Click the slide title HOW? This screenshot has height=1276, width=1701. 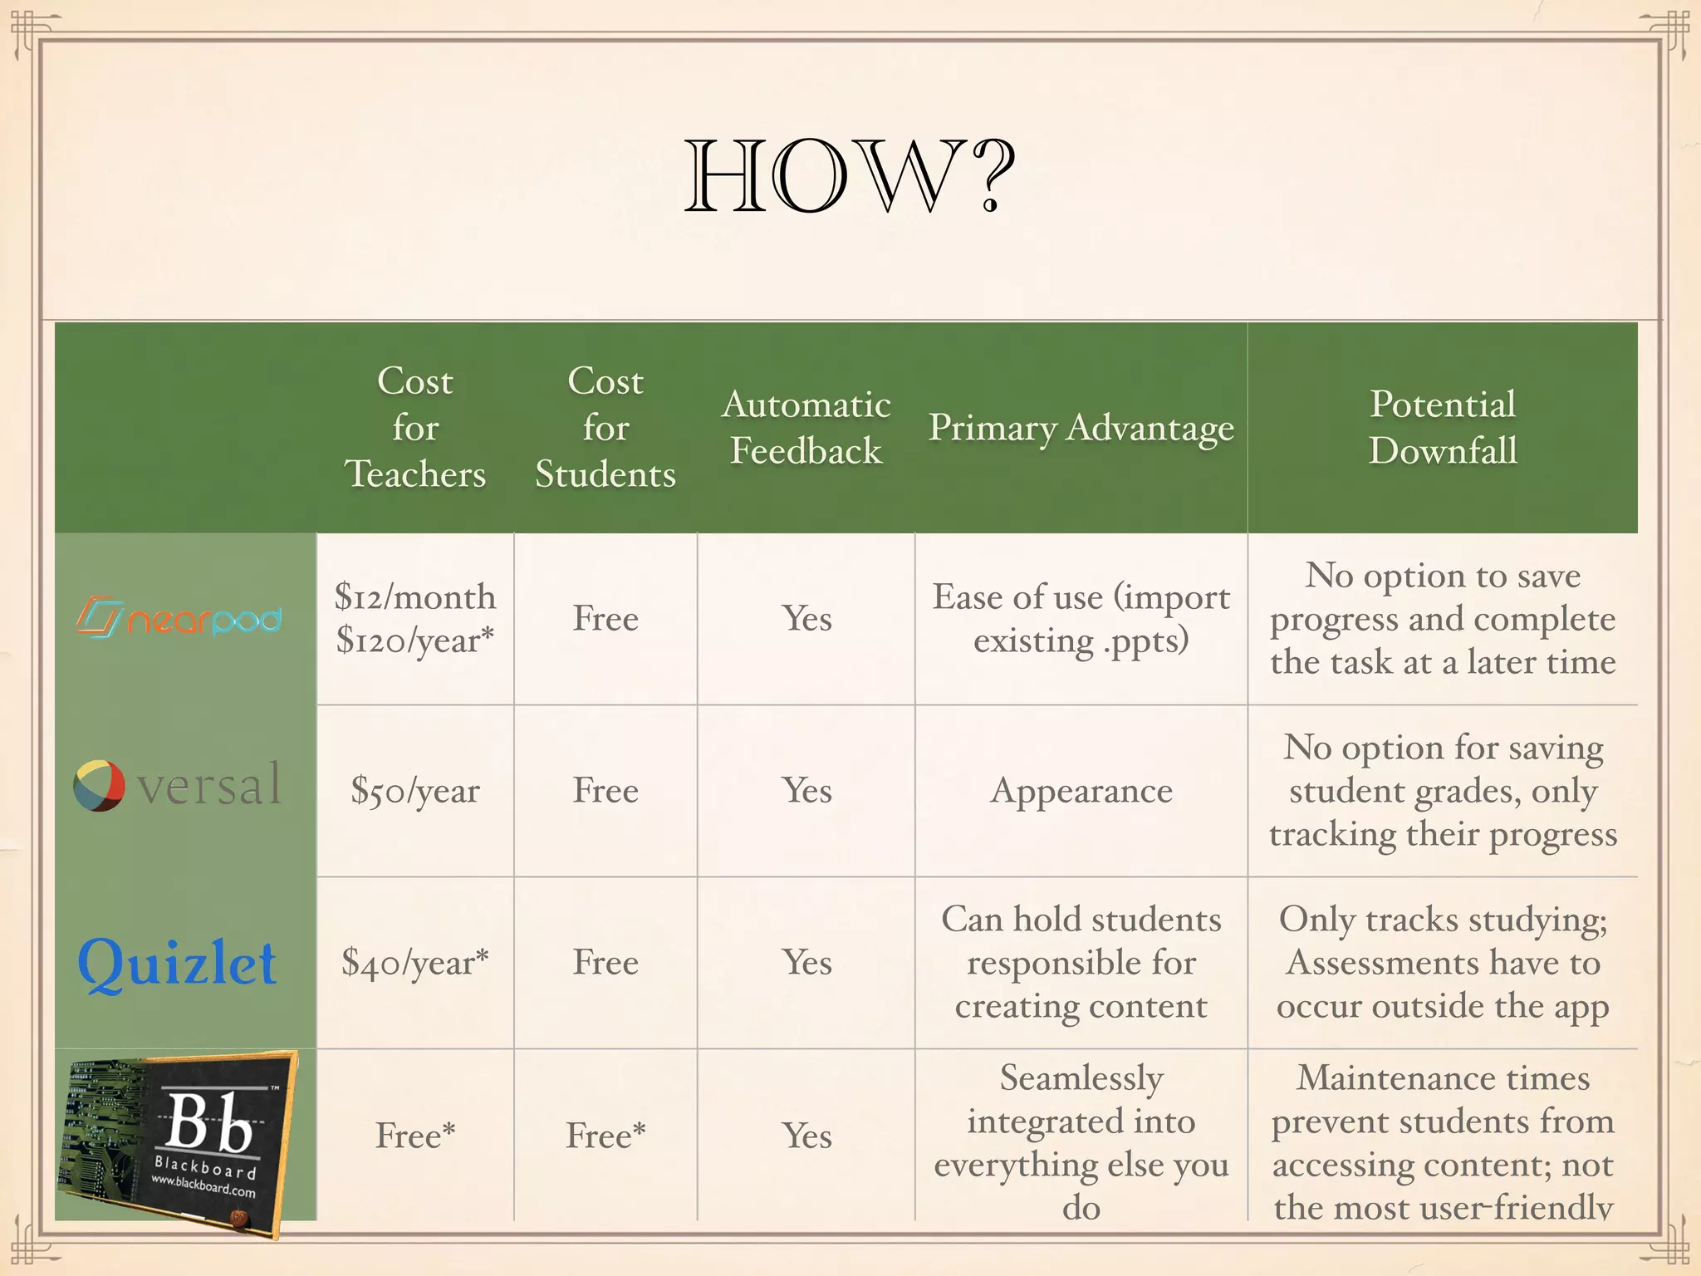[x=850, y=176]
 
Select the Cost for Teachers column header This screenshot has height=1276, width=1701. [x=414, y=427]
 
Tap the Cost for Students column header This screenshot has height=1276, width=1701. [x=605, y=427]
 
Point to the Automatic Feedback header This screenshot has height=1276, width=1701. [x=806, y=427]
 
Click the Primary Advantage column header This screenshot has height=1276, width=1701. [x=1081, y=427]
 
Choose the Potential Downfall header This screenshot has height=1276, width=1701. [x=1443, y=427]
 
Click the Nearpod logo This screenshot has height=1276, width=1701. [x=179, y=618]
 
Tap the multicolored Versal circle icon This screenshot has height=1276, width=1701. [x=99, y=785]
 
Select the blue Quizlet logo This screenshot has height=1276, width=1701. [x=177, y=964]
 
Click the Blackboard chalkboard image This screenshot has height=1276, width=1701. [x=179, y=1142]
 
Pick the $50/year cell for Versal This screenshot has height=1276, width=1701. [x=414, y=791]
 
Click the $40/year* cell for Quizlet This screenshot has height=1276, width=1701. [x=414, y=963]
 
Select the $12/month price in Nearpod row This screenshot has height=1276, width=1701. [x=414, y=596]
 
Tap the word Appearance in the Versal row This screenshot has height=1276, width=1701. [x=1081, y=791]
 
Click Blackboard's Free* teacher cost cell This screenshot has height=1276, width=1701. [x=414, y=1136]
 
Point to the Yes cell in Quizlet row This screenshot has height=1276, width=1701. [x=806, y=963]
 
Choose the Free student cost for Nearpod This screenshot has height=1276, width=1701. [x=605, y=619]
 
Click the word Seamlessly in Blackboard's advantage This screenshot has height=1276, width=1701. [x=1081, y=1078]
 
